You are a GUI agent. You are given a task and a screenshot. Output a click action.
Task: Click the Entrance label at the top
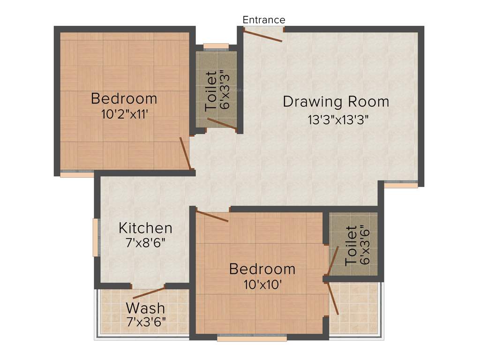coord(263,20)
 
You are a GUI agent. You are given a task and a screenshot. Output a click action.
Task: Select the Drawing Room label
coord(336,101)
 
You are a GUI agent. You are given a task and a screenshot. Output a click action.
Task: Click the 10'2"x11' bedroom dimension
coord(124,114)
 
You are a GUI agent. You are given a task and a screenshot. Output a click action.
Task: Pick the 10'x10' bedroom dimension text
coord(262,285)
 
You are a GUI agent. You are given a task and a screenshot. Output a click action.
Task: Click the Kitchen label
coord(145,228)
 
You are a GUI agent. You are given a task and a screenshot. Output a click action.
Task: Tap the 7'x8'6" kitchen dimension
coord(145,244)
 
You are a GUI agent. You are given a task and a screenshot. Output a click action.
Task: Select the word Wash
coord(145,308)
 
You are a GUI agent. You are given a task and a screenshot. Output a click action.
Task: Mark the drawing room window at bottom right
coord(401,185)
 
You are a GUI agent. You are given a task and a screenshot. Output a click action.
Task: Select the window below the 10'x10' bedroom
coord(252,337)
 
